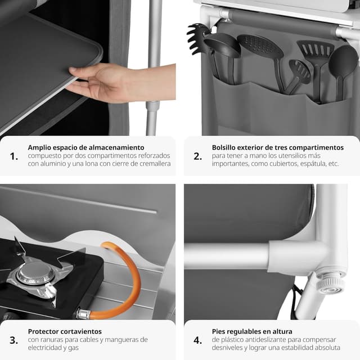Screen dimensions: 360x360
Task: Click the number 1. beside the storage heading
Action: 13,156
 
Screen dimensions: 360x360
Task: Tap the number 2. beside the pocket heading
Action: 197,156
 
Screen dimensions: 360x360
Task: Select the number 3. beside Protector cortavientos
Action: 13,340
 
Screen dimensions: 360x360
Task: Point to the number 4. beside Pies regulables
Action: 197,340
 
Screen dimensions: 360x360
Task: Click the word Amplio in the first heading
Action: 39,147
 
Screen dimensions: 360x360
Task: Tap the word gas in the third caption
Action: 74,348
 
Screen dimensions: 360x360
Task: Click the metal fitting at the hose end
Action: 83,314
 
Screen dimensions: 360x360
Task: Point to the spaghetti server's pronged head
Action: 196,39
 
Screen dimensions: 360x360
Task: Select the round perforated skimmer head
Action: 260,46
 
